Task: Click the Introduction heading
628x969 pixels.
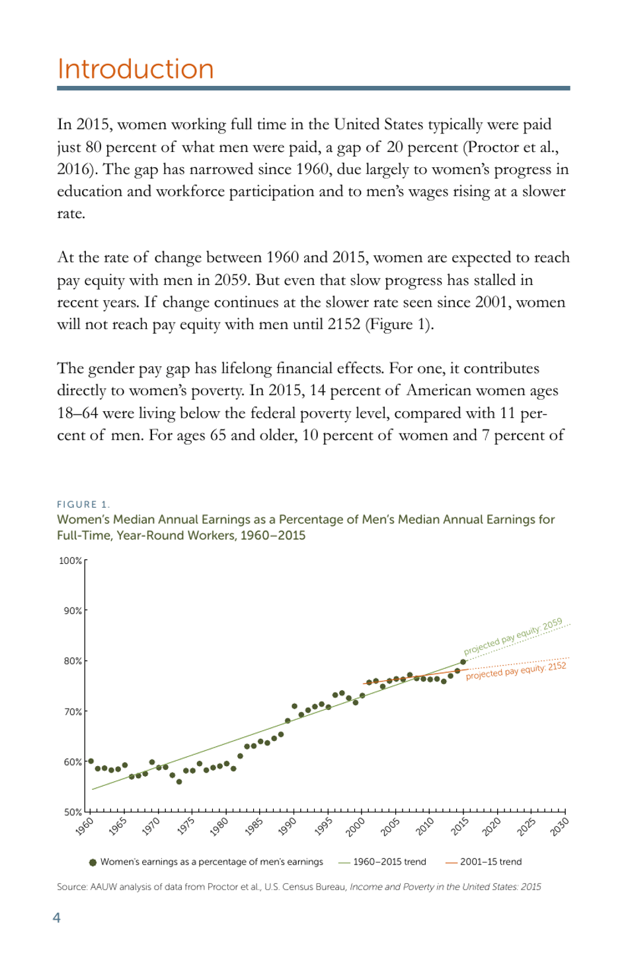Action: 136,69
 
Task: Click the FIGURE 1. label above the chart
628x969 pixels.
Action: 83,504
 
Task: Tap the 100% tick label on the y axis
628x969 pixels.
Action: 70,561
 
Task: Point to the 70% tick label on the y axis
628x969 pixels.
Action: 72,712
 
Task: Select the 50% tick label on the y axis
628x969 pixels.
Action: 72,812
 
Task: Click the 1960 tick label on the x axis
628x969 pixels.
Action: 85,827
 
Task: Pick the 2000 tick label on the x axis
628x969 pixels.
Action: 356,827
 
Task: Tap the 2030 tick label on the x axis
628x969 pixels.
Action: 559,827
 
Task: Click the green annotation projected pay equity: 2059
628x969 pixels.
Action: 513,637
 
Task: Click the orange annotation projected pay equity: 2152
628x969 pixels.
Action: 516,671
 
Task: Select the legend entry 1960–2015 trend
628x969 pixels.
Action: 389,862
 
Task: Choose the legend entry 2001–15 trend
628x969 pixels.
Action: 491,862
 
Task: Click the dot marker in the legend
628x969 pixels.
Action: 93,863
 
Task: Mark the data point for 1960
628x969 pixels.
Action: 91,761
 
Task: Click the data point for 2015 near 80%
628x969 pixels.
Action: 463,662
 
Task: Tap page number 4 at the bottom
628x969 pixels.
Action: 57,917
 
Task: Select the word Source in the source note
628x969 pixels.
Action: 71,887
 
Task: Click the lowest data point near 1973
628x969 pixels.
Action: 179,782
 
